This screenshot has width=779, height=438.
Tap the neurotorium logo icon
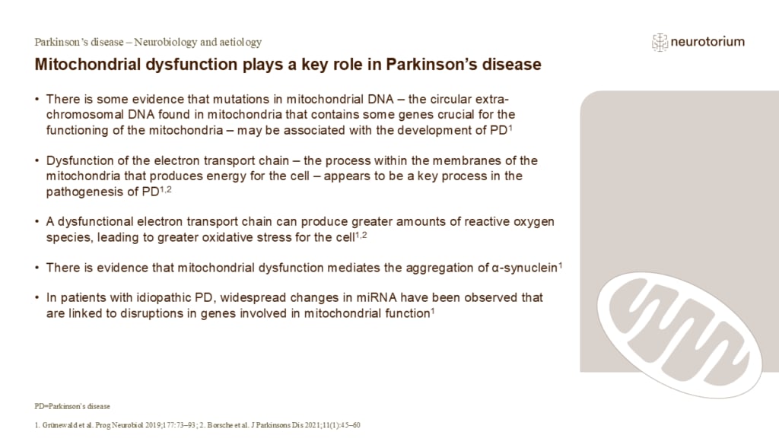tap(660, 43)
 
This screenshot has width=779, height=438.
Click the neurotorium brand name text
tap(707, 43)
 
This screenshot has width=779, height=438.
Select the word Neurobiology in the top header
tap(161, 43)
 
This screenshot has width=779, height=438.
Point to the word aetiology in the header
tap(239, 43)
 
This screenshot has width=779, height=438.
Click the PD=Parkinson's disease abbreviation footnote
tap(72, 406)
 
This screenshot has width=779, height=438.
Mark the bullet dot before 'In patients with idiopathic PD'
tap(38, 297)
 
